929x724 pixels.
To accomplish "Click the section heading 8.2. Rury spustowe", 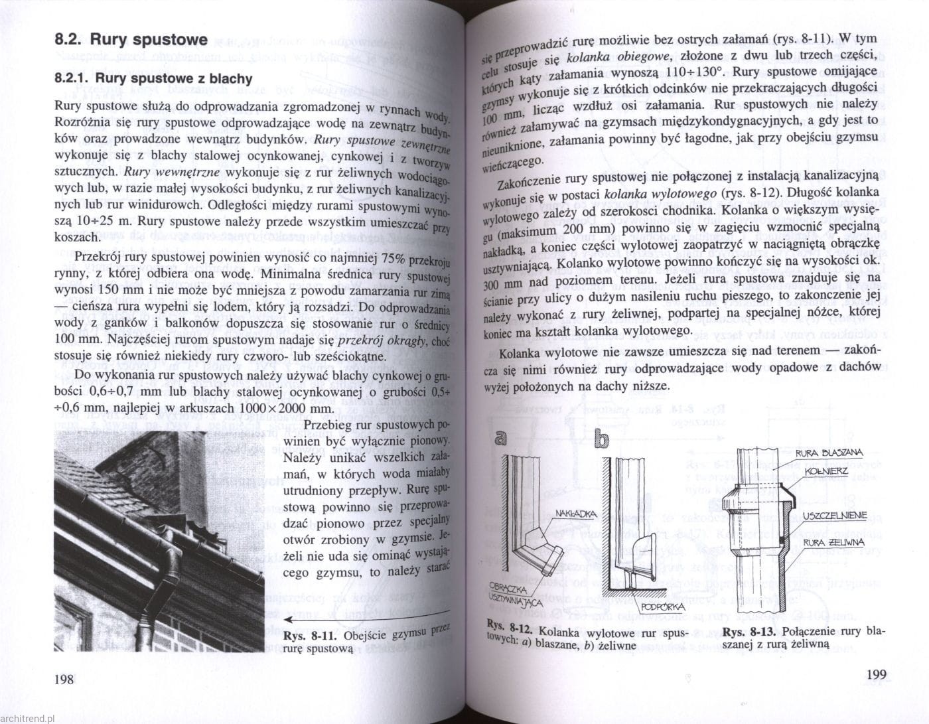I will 131,39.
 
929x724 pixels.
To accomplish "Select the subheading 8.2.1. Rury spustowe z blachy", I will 153,79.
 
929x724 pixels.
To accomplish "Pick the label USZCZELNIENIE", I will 833,515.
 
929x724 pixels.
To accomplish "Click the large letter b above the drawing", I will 601,439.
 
